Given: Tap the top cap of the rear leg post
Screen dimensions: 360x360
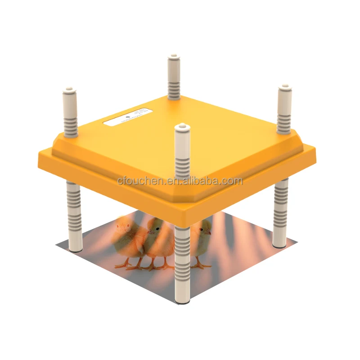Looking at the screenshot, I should (174, 59).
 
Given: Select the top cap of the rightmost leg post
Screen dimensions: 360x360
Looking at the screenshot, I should (284, 88).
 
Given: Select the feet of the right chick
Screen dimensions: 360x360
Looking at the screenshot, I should (201, 265).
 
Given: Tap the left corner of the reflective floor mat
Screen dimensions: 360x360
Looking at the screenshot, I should (57, 245).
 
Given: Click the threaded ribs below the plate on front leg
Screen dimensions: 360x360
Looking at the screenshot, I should (182, 256).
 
